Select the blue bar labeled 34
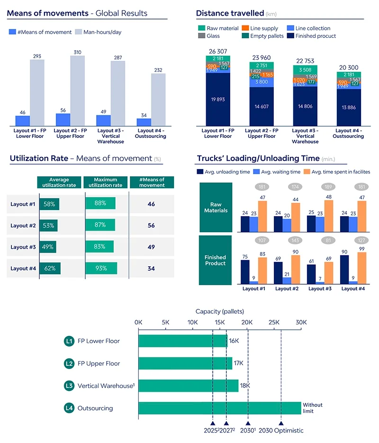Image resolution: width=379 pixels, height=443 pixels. pos(144,122)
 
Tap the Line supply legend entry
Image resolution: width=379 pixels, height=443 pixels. pos(260,28)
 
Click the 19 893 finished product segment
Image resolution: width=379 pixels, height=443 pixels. pos(217,99)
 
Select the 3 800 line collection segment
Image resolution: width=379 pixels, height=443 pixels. pos(262,81)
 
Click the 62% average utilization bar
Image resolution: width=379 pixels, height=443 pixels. pos(50,268)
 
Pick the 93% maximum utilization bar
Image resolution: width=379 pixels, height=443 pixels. pos(101,268)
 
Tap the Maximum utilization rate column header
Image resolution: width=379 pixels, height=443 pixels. pos(106,182)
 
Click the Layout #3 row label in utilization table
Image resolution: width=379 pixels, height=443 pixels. pos(23,247)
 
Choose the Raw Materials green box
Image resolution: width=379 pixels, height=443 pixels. pos(216,207)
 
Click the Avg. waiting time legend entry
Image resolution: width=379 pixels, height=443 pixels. pos(280,172)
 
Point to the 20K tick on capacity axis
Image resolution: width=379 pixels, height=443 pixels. pos(247,322)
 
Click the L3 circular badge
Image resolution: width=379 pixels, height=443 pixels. pos(69,386)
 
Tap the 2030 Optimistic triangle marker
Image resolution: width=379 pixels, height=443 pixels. pos(281,423)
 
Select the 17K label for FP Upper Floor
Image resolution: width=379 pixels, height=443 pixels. pos(239,363)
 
